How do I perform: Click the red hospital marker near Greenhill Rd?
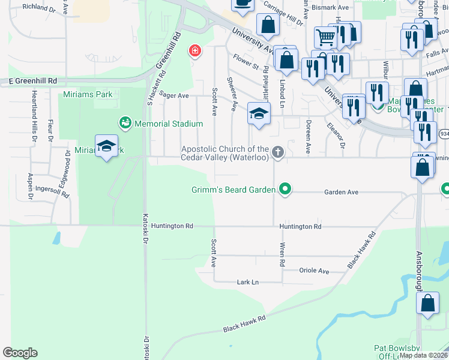[x=194, y=50]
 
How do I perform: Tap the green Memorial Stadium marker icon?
[x=125, y=124]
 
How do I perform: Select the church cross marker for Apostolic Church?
[x=277, y=152]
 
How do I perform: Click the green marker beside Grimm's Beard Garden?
[x=285, y=190]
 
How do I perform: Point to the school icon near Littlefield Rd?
[x=259, y=114]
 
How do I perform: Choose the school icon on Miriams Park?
[x=106, y=147]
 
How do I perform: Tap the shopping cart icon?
[x=325, y=37]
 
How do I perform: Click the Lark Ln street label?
[x=247, y=281]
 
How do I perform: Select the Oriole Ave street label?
[x=315, y=271]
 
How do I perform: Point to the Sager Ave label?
[x=174, y=95]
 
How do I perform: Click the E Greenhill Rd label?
[x=32, y=80]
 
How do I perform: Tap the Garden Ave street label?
[x=341, y=192]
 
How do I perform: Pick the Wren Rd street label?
[x=281, y=254]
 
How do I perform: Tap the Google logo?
[x=20, y=352]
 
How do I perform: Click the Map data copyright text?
[x=423, y=355]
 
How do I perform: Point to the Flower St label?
[x=246, y=61]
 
